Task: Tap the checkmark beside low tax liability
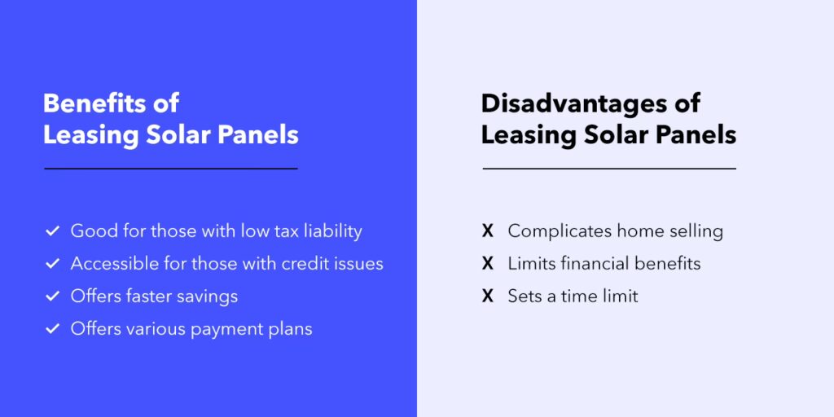point(52,231)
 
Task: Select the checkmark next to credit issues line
point(52,264)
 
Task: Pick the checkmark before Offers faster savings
point(52,296)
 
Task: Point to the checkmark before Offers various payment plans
point(52,329)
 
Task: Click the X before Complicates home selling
point(488,231)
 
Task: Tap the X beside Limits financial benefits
point(488,264)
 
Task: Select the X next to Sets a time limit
point(488,296)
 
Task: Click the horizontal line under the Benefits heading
point(171,169)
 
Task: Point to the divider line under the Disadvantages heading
point(609,169)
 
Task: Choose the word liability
point(332,231)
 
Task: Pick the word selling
point(694,231)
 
